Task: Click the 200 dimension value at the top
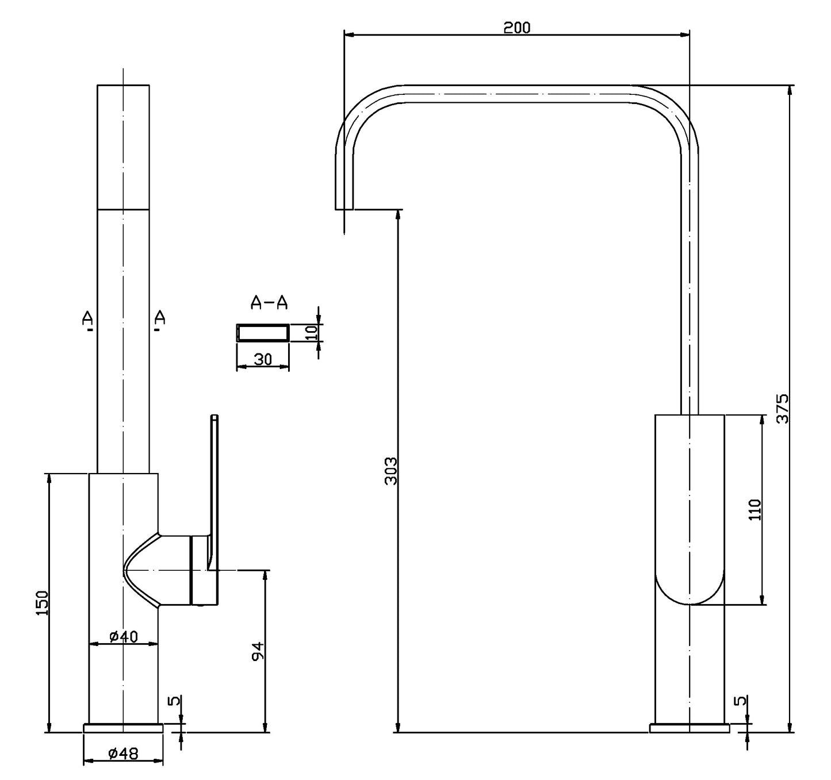coord(516,27)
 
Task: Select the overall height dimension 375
coord(782,409)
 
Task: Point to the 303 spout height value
coord(390,471)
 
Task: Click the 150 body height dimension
coord(42,603)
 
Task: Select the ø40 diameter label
coord(123,636)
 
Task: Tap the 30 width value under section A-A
coord(262,359)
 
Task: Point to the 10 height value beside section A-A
coord(311,333)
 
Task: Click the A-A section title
coord(269,302)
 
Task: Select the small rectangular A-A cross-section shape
coord(263,333)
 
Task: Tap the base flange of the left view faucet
coord(123,728)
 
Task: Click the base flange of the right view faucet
coord(689,728)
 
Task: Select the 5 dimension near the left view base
coord(174,701)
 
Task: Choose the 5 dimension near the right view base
coord(741,701)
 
